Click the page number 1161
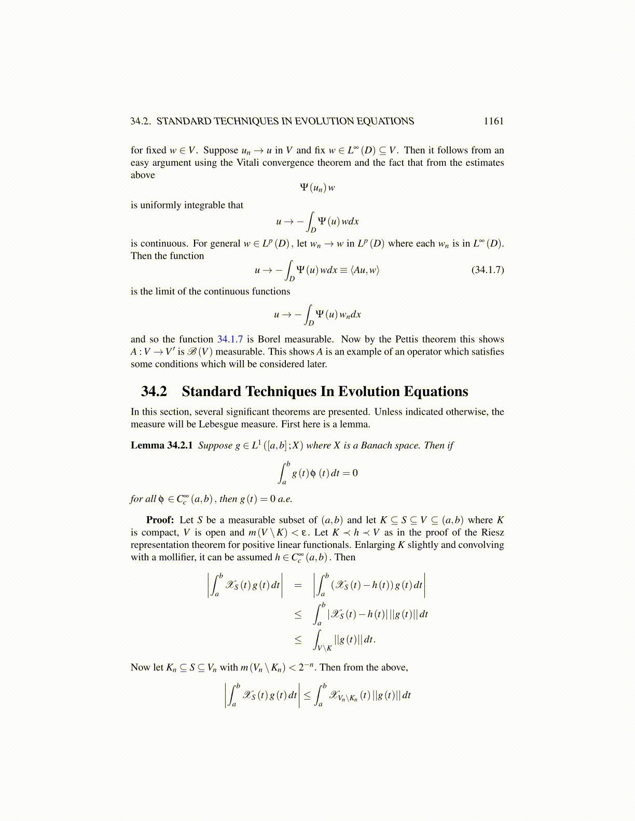point(493,121)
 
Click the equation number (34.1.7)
point(487,270)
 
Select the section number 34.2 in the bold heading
point(154,391)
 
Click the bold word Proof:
point(160,520)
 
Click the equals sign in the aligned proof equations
point(298,585)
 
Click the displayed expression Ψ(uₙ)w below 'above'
point(317,188)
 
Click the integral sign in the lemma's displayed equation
point(283,473)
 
